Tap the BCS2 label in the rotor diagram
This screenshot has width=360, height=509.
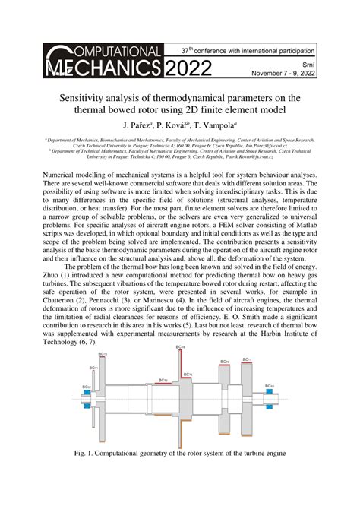[x=270, y=387]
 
